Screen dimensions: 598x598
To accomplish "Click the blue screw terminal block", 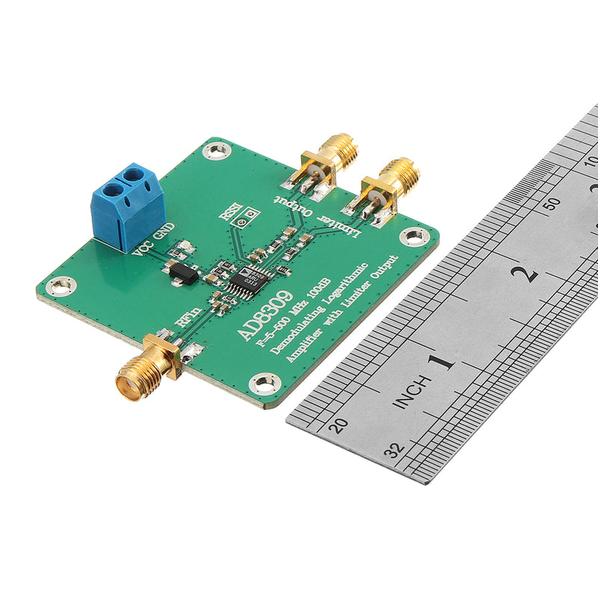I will (127, 206).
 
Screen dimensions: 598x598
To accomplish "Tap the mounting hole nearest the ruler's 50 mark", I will (414, 237).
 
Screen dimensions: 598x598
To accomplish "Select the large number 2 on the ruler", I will (528, 273).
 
